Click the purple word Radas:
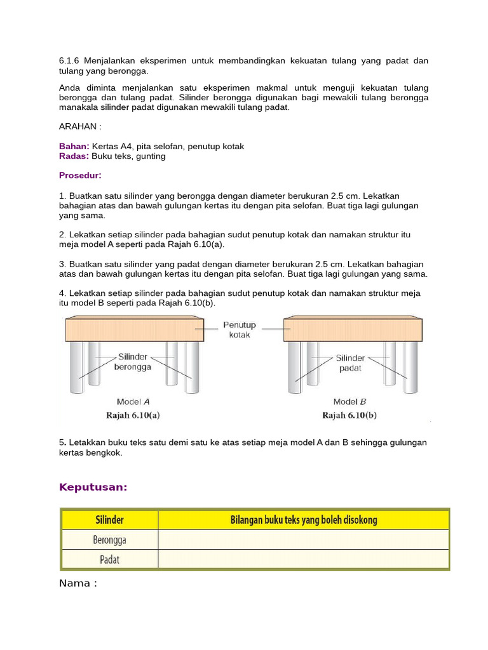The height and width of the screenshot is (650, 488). click(74, 156)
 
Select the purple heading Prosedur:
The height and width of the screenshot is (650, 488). click(80, 175)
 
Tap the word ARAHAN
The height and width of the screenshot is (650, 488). click(78, 126)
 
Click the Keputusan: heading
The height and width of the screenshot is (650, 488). click(93, 487)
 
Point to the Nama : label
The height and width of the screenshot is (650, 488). click(78, 583)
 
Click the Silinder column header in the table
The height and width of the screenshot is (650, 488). click(109, 520)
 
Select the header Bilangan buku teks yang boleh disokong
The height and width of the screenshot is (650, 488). click(303, 520)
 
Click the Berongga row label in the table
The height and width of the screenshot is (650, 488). click(109, 540)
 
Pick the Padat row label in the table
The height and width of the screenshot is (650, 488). click(109, 559)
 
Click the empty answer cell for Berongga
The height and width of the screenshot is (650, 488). click(303, 540)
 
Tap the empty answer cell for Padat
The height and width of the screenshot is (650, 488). click(303, 559)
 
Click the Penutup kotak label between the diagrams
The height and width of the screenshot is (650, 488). click(239, 330)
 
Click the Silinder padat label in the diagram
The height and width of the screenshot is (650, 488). click(350, 362)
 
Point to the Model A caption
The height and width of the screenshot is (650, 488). click(133, 402)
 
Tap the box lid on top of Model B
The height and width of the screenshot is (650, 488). click(353, 330)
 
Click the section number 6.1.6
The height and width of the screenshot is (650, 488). click(69, 61)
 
